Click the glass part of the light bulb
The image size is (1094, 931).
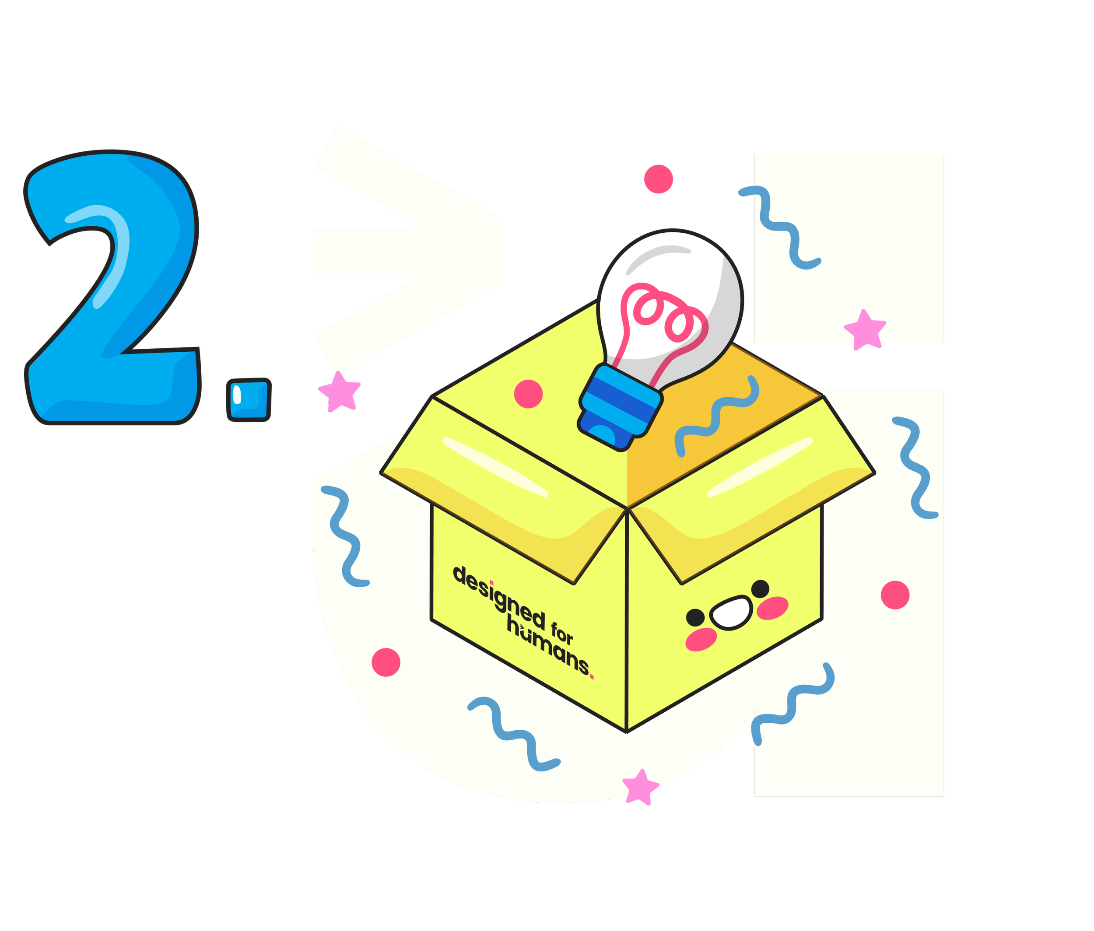pyautogui.click(x=702, y=274)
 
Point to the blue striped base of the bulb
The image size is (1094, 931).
pyautogui.click(x=621, y=409)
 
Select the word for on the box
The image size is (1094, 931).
pyautogui.click(x=562, y=633)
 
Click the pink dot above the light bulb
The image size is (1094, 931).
pyautogui.click(x=659, y=179)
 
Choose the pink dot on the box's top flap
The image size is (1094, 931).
pyautogui.click(x=528, y=394)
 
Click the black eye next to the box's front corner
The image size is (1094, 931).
pyautogui.click(x=694, y=616)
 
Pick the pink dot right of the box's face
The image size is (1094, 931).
pyautogui.click(x=895, y=595)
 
